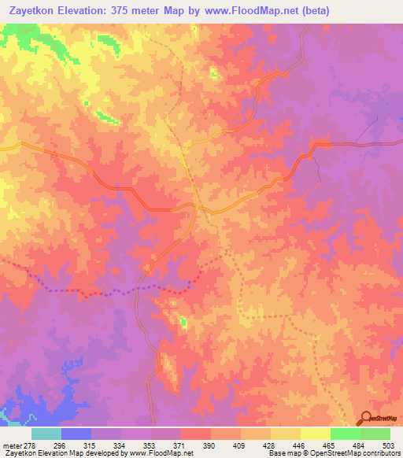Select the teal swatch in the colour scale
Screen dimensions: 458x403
click(46, 433)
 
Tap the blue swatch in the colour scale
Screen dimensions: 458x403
click(76, 433)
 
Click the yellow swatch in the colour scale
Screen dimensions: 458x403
click(286, 433)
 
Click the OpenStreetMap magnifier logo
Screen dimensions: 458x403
click(365, 418)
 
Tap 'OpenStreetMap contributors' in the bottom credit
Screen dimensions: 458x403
click(358, 453)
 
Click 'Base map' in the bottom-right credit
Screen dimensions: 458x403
click(283, 453)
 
